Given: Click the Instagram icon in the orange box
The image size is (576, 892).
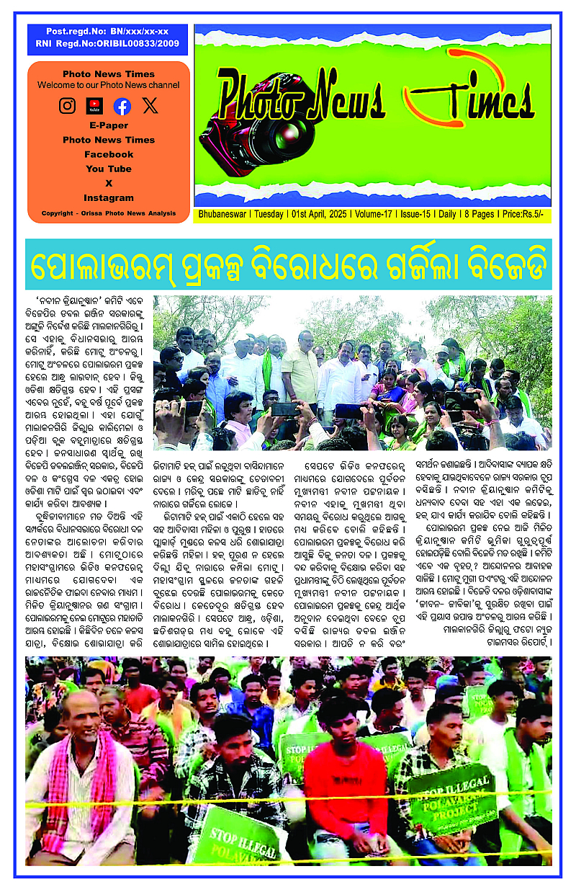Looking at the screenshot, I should click(x=67, y=106).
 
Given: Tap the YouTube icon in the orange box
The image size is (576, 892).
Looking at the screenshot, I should click(x=94, y=106).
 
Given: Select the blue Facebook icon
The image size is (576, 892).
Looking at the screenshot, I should click(x=122, y=106).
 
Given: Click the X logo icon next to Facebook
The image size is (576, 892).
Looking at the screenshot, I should click(x=150, y=106).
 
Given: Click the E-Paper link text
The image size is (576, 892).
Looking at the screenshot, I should click(x=109, y=125).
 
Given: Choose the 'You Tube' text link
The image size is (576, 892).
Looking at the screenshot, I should click(x=109, y=169).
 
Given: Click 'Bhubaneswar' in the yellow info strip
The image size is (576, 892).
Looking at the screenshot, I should click(x=221, y=214).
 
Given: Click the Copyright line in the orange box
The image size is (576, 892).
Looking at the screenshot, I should click(x=109, y=213).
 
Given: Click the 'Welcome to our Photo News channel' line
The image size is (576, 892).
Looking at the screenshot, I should click(x=109, y=85).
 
